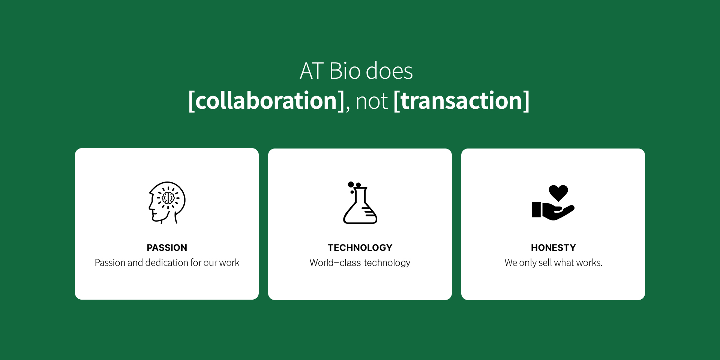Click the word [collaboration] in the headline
266,101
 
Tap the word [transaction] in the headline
462,101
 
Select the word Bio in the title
345,71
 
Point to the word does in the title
389,71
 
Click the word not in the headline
372,102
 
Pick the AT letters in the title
312,71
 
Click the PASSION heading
167,248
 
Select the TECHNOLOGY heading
360,248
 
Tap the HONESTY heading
553,248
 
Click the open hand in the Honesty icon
553,211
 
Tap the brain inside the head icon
168,198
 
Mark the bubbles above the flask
354,186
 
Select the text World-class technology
360,263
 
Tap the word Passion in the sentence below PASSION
110,262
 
